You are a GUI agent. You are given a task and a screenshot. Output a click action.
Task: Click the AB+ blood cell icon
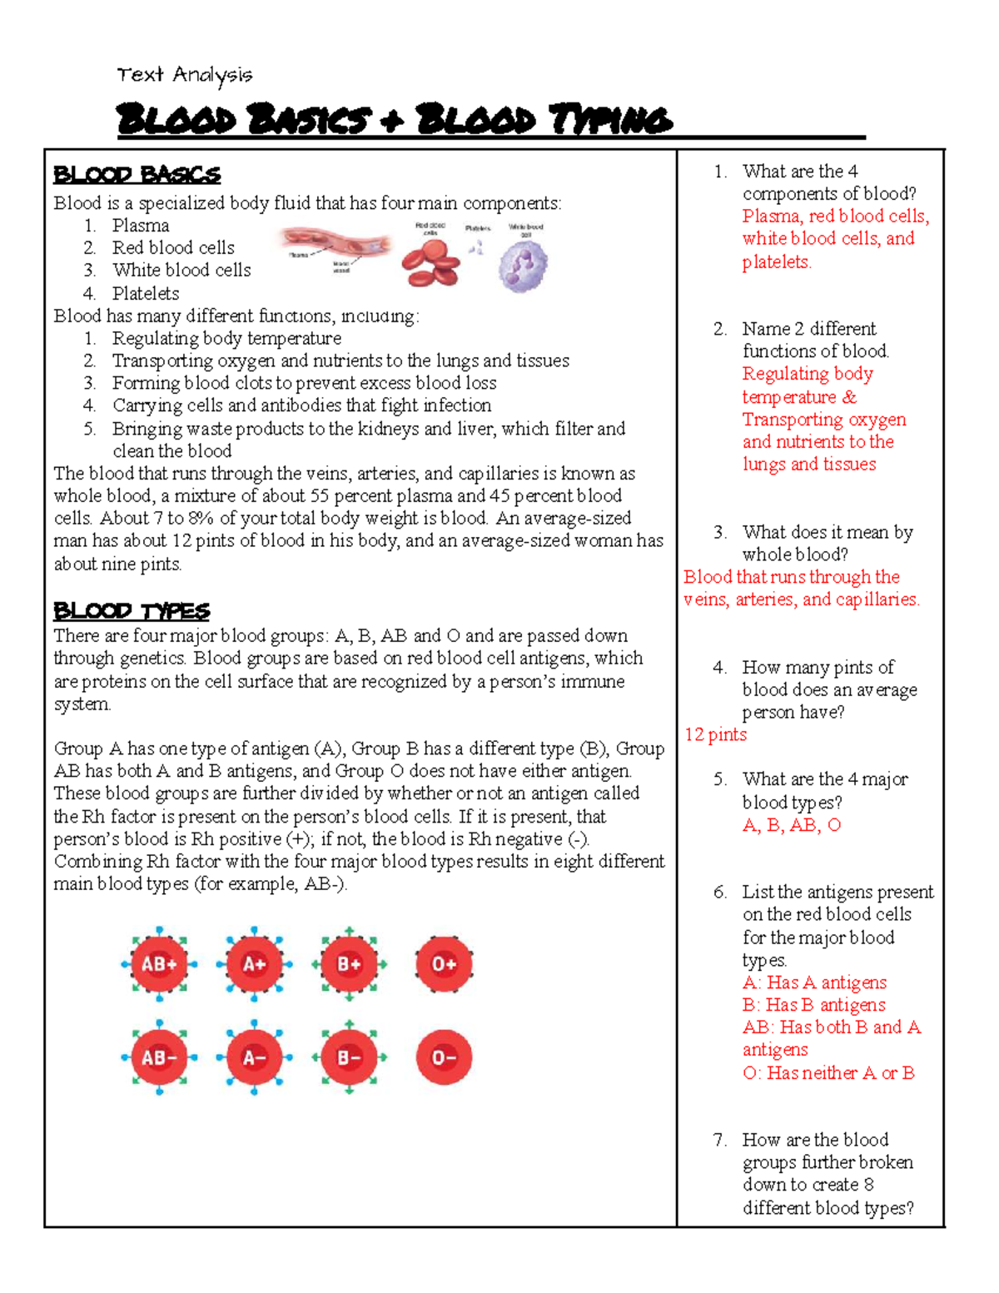coord(159,964)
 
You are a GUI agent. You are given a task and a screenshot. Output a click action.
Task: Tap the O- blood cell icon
coord(444,1057)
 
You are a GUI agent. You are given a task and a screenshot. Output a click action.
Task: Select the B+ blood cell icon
coord(349,964)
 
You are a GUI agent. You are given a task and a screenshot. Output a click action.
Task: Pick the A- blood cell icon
coord(254,1057)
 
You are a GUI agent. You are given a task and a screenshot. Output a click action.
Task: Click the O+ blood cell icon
coord(444,964)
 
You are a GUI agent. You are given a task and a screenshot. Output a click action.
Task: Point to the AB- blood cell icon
coord(159,1057)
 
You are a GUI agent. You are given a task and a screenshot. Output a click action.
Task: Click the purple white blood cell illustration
coord(524,266)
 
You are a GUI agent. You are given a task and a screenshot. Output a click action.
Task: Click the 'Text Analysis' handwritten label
coord(184,75)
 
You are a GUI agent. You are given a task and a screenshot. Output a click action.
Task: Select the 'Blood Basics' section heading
coord(137,175)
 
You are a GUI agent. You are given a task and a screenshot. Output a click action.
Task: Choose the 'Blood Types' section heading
coord(132,611)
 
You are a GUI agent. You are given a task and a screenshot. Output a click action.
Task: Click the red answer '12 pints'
coord(715,734)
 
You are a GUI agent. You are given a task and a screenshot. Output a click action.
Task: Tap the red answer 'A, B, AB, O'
coord(792,825)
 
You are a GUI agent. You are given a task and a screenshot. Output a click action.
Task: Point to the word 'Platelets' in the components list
coord(146,293)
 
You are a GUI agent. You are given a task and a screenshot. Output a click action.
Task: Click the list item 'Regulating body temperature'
coord(226,338)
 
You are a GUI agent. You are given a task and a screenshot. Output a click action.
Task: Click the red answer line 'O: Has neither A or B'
coord(828,1072)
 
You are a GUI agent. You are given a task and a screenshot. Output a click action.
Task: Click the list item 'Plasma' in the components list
coord(141,226)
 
